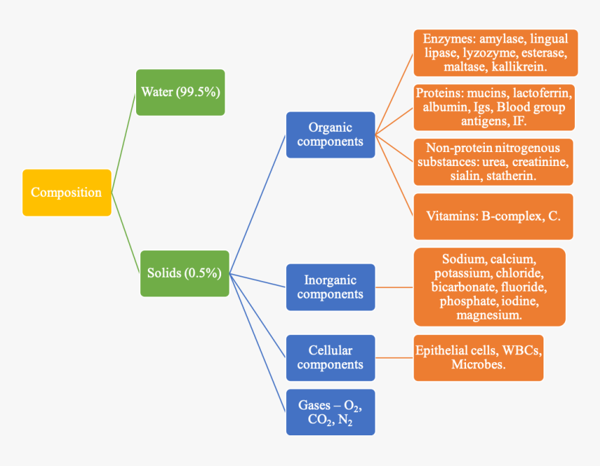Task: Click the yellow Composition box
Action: click(x=66, y=193)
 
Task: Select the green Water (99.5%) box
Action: click(x=181, y=92)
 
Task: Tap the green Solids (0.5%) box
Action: click(x=184, y=273)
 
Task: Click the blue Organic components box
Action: click(x=330, y=135)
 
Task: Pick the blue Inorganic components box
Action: click(x=330, y=287)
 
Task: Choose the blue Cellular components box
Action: click(x=330, y=357)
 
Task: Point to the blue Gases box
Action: click(x=330, y=412)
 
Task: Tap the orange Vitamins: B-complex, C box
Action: click(x=493, y=216)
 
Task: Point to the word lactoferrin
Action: click(x=541, y=93)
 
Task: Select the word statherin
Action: click(x=510, y=176)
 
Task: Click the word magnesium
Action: click(x=489, y=315)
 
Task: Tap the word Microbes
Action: click(x=478, y=364)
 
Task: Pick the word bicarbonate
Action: click(x=463, y=287)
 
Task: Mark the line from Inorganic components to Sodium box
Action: click(x=394, y=287)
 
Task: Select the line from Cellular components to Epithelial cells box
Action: click(x=394, y=357)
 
